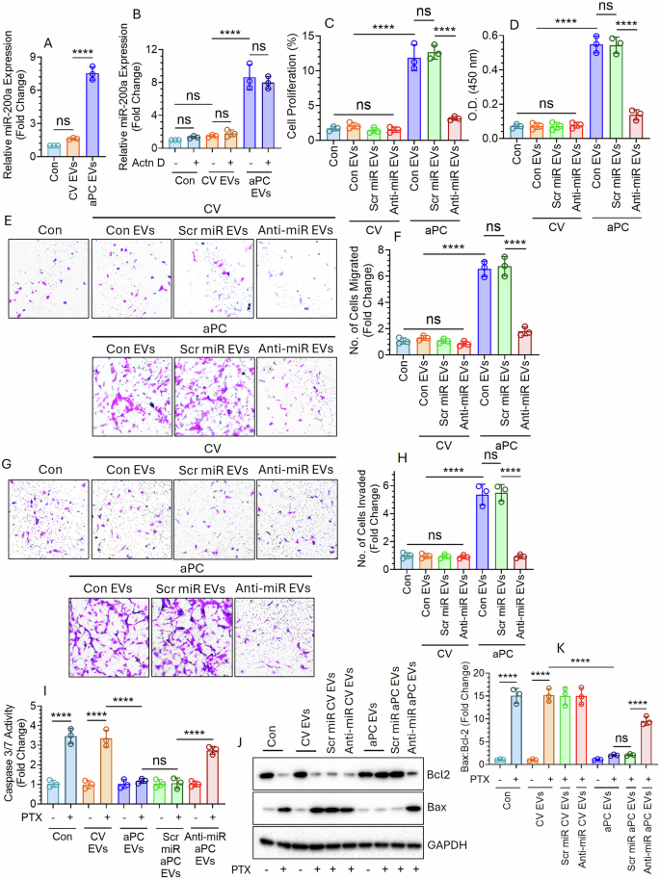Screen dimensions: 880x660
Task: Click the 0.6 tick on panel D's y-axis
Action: [x=506, y=36]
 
